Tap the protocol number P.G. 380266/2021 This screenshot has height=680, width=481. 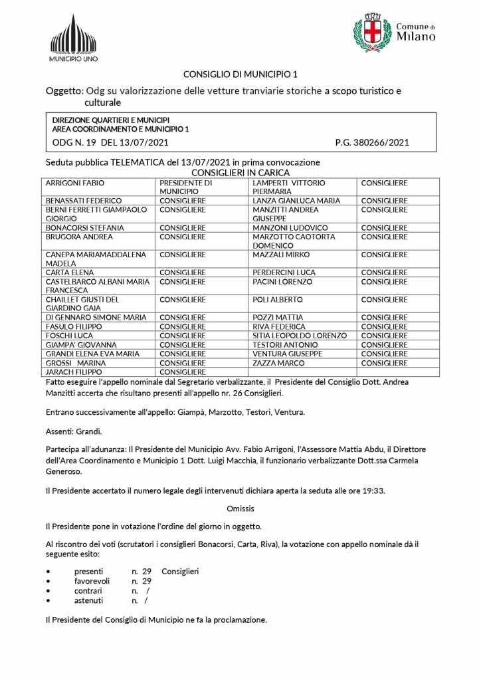[x=372, y=142]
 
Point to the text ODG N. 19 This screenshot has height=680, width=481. [x=74, y=142]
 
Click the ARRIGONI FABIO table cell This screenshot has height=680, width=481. [x=75, y=182]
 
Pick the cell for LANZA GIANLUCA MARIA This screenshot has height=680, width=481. [x=296, y=201]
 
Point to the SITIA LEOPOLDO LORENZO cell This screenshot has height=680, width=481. [x=300, y=336]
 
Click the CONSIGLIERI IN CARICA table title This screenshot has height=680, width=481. [x=241, y=172]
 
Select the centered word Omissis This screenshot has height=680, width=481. [x=241, y=509]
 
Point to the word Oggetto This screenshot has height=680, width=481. [x=64, y=91]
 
